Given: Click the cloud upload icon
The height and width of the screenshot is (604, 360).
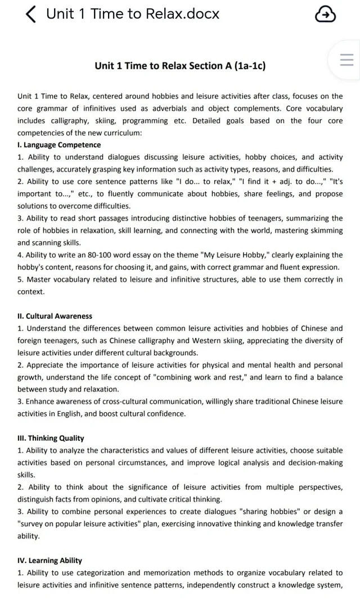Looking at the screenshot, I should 325,15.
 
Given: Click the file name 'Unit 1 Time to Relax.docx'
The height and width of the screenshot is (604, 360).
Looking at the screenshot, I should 133,14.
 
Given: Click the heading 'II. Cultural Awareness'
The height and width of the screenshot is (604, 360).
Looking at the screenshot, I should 55,316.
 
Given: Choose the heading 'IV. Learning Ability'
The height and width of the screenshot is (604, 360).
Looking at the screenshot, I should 49,560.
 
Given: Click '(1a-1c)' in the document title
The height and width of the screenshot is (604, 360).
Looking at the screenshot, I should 245,66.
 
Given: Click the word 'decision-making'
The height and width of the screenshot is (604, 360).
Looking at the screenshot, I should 315,462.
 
